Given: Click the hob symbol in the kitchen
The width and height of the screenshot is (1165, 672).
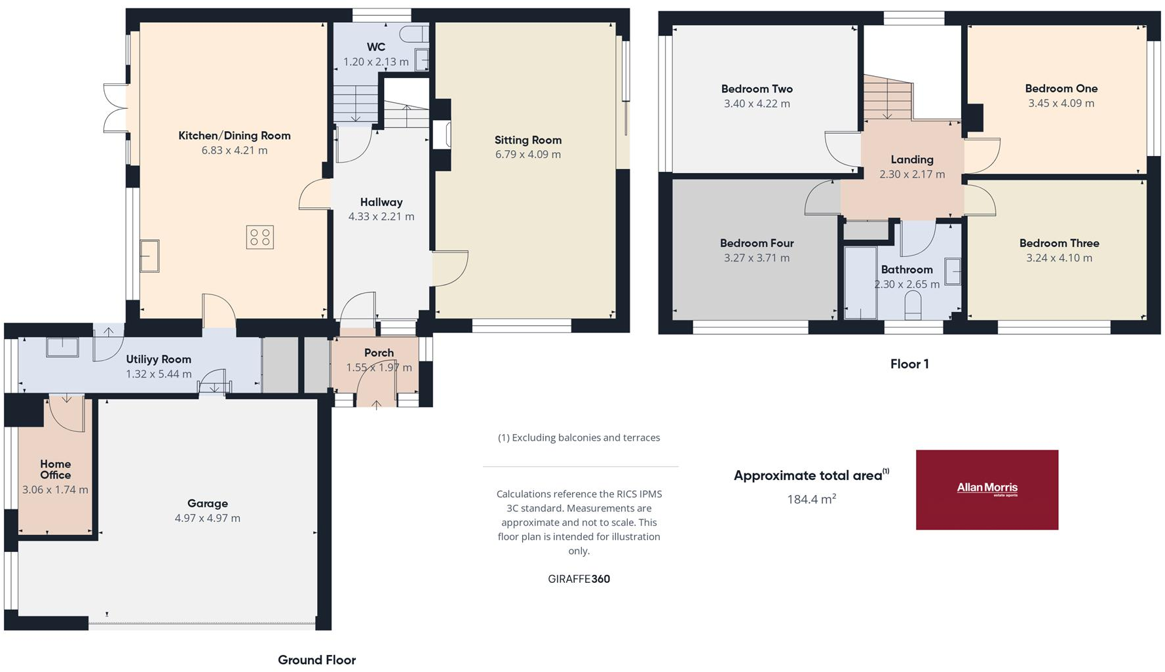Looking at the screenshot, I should point(260,237).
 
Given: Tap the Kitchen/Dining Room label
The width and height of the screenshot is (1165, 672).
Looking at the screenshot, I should point(235,136).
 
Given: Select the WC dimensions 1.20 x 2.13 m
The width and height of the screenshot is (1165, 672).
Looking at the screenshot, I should point(376,62).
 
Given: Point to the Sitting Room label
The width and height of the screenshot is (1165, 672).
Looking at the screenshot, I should point(528,140).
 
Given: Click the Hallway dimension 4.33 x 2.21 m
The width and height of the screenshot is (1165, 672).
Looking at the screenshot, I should point(381,216).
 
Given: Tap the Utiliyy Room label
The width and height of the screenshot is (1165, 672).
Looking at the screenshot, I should point(159,359).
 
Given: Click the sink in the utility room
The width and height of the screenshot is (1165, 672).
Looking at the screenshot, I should point(62,346).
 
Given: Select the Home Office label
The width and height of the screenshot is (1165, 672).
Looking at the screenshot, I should point(55,469).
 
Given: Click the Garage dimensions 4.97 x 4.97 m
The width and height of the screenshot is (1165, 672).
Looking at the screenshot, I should point(208,518).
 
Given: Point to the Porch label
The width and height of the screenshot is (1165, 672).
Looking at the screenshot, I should point(379,353).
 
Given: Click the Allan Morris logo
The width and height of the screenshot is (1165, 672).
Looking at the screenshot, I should point(987,489).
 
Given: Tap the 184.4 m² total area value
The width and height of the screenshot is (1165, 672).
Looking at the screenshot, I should point(811,500).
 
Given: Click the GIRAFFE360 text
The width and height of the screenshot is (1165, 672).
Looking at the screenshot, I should point(579,579).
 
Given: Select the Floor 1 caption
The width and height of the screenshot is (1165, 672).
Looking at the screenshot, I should point(909,365).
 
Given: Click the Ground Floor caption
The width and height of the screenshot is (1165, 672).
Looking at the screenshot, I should point(317,660).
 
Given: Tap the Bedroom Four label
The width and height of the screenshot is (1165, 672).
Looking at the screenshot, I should point(757,243).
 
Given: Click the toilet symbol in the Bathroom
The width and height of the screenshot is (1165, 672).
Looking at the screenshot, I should point(913,305).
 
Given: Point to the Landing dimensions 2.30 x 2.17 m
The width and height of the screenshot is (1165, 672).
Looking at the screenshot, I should point(912,174).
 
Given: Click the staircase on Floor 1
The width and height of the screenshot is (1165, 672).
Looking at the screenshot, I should point(887,98).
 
